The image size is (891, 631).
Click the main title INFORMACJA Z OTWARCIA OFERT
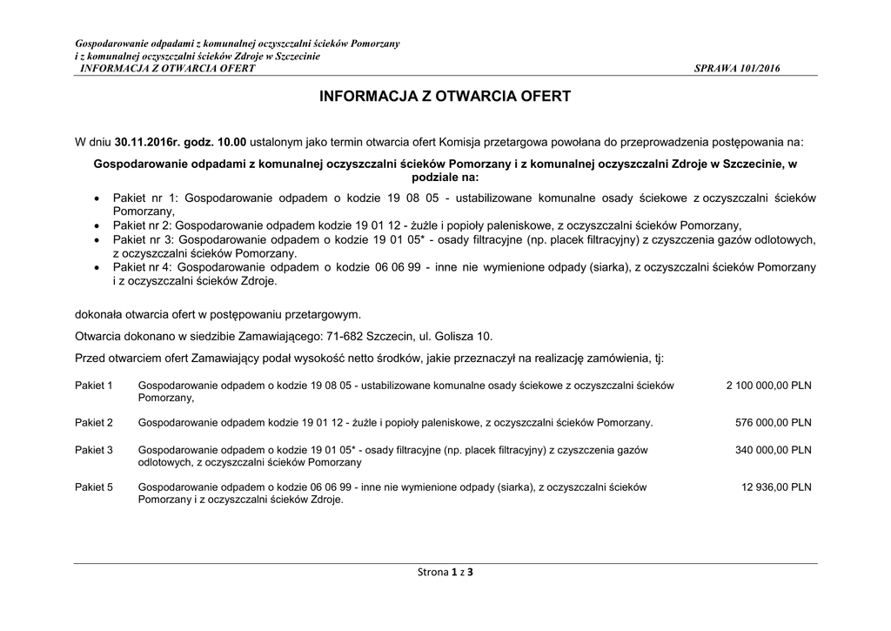[445, 97]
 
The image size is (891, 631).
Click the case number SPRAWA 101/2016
[738, 69]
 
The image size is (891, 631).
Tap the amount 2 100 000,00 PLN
[768, 385]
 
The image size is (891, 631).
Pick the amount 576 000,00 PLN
[774, 423]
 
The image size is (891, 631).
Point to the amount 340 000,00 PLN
[774, 450]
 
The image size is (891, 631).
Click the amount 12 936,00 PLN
[776, 487]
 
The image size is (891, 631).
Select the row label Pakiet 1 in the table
[94, 385]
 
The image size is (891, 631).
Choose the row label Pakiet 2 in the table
[94, 423]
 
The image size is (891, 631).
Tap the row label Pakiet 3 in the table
[94, 450]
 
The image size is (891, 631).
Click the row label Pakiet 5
[94, 487]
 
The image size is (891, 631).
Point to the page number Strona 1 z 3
[445, 572]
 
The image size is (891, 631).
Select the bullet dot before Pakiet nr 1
[97, 198]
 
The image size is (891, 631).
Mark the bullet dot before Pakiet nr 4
[97, 268]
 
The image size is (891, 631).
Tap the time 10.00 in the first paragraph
[232, 141]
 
